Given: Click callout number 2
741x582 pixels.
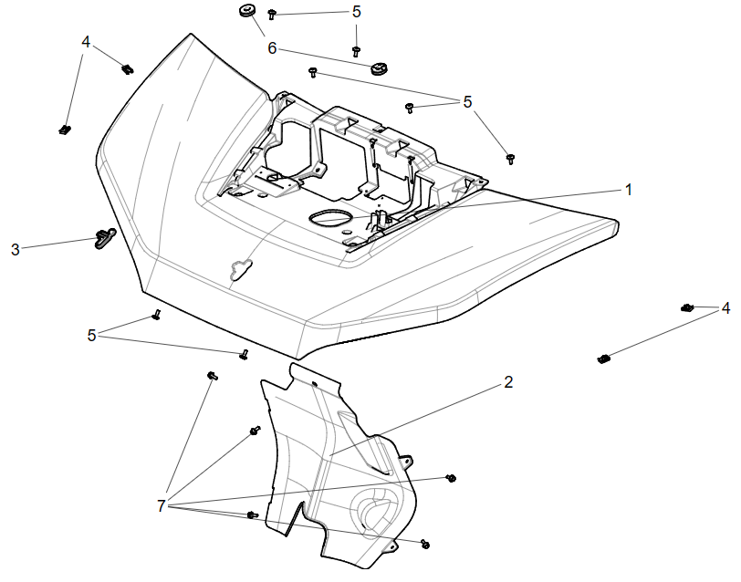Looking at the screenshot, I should point(508,382).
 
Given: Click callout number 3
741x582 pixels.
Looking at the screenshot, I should point(16,249).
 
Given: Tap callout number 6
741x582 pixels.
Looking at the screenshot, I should point(272,47).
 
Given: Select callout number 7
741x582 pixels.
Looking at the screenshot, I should point(162,505).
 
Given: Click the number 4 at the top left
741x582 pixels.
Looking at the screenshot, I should point(86,42).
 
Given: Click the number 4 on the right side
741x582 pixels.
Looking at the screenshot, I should point(725,308).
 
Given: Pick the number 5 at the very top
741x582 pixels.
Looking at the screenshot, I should point(356,12).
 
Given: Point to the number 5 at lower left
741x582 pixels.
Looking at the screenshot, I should point(91,335).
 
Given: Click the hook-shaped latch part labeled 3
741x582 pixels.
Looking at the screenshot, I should point(103,239).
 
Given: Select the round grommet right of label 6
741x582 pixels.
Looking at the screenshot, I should point(381,68).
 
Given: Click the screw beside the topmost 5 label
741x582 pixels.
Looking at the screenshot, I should point(273,14).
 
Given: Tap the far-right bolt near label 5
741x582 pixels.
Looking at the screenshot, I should point(510,159).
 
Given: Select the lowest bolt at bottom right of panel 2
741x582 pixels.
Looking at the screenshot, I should point(425,544).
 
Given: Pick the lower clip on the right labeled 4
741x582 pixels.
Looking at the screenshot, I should point(602,358).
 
